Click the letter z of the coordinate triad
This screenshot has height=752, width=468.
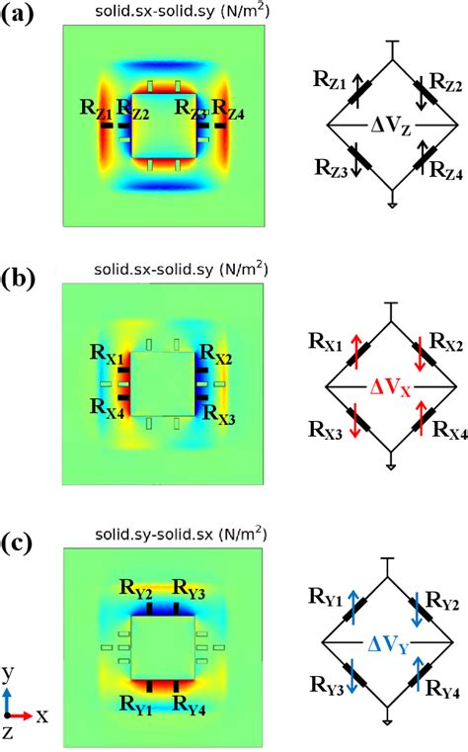9,734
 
